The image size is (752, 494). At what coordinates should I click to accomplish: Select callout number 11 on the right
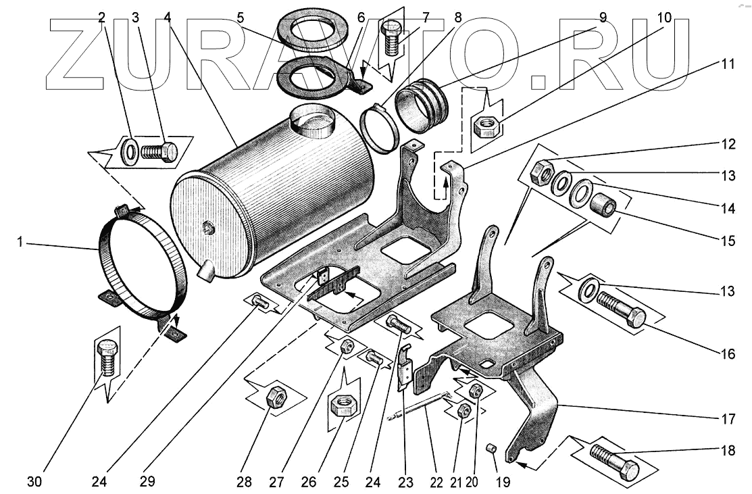tap(726, 66)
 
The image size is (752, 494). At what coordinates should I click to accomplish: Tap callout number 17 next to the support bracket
tap(727, 419)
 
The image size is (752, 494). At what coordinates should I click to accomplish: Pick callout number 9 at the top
tap(603, 18)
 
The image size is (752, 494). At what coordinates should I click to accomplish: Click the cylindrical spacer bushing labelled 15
tap(604, 203)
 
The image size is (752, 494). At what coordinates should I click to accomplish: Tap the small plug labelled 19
tap(493, 448)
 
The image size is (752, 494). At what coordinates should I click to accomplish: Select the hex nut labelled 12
tap(542, 173)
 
